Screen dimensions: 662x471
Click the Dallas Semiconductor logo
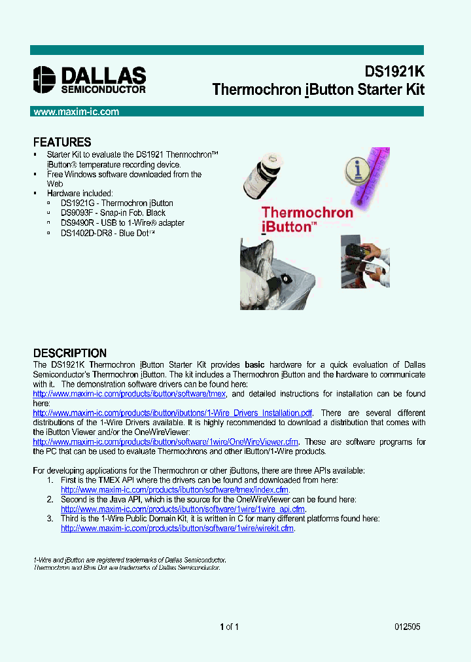pos(90,79)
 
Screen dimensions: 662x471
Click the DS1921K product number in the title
pos(394,71)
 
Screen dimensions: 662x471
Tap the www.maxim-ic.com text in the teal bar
pos(77,112)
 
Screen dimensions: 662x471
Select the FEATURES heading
pos(62,142)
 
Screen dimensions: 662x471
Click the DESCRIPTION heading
pos(69,353)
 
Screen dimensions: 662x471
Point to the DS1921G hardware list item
pos(116,203)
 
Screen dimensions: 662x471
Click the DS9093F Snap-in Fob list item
pos(113,213)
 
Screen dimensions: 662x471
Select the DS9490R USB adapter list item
pos(122,222)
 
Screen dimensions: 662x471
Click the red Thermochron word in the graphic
pos(307,212)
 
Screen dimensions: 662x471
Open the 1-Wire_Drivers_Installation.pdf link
pos(173,413)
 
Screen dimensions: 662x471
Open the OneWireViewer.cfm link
pos(166,442)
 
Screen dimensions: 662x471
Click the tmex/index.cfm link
pos(175,489)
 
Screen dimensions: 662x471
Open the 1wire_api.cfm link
pos(183,509)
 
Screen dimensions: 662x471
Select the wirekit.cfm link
pos(177,528)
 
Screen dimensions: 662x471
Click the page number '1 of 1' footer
pos(230,627)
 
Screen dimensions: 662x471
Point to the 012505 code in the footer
pos(407,627)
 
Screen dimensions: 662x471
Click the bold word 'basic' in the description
pos(254,364)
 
